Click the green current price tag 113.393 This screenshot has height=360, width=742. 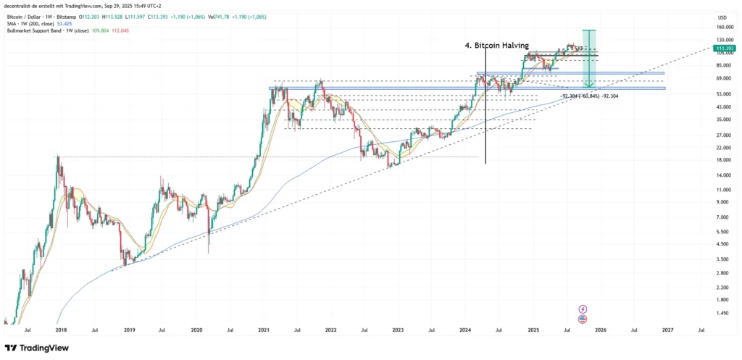(x=722, y=48)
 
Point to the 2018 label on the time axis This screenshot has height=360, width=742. (x=60, y=330)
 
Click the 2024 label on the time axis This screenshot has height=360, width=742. (x=465, y=330)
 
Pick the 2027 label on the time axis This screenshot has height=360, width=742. (x=667, y=330)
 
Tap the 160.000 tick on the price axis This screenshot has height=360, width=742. (x=721, y=28)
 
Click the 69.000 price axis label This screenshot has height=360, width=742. (x=721, y=78)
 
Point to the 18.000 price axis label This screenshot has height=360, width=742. (x=721, y=160)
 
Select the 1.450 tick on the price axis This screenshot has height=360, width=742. (x=721, y=313)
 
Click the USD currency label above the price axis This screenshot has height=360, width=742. (x=722, y=17)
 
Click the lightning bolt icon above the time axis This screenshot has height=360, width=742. (x=583, y=309)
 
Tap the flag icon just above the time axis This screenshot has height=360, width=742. (x=583, y=319)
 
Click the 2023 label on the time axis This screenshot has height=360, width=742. (x=398, y=330)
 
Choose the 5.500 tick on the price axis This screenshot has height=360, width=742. (x=721, y=231)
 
